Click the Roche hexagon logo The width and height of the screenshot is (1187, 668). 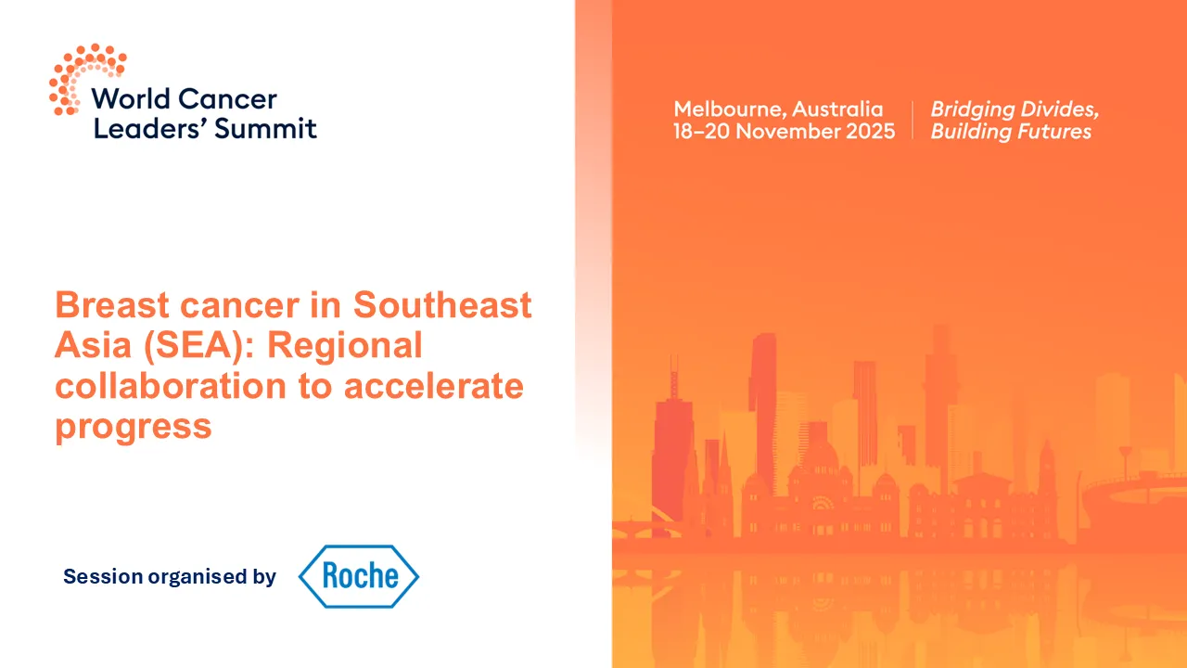pos(358,576)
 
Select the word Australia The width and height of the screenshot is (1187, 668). pos(838,109)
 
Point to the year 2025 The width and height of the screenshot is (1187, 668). pos(871,131)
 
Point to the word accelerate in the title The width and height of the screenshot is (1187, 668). pos(434,386)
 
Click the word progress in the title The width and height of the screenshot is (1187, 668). pos(134,427)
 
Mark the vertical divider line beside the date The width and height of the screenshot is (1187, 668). pos(913,120)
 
